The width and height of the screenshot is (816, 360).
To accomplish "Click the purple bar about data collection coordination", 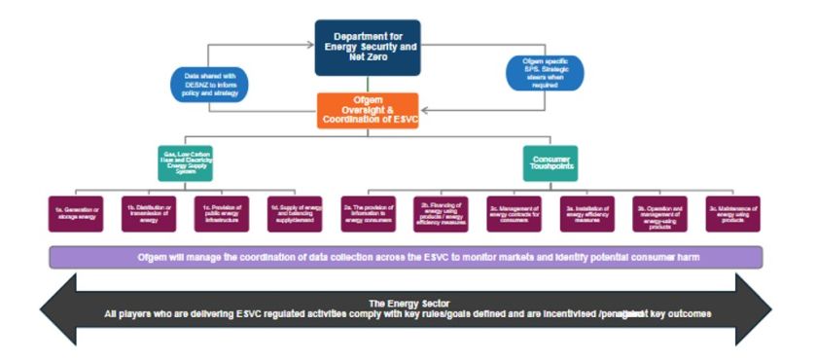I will (x=406, y=257).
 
